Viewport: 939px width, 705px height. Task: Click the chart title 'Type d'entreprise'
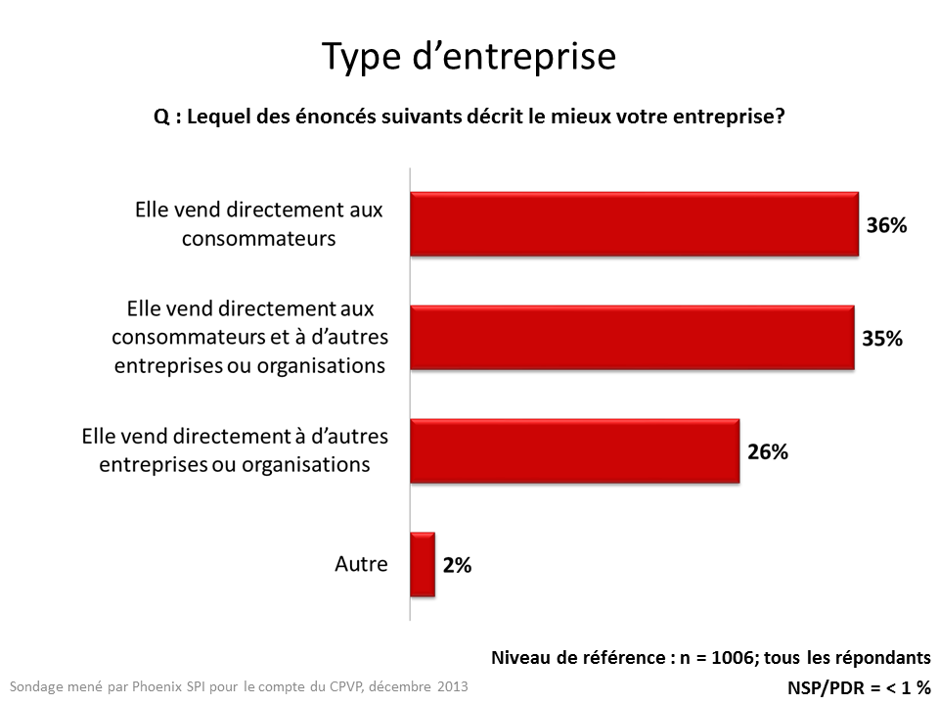469,57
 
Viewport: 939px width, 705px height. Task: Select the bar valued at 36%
634,224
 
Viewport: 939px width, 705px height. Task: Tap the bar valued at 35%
632,338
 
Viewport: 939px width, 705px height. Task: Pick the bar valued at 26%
574,450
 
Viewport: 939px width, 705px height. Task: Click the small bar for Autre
423,564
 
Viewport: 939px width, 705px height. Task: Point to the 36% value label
886,225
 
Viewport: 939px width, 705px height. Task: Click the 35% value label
882,339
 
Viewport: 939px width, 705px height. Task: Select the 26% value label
768,451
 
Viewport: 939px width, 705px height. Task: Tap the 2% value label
456,565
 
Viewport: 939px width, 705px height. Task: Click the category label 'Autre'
361,564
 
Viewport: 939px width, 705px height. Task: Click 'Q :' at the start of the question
166,116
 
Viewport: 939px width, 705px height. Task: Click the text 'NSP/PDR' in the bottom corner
824,686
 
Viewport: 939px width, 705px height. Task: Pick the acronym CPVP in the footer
343,685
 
